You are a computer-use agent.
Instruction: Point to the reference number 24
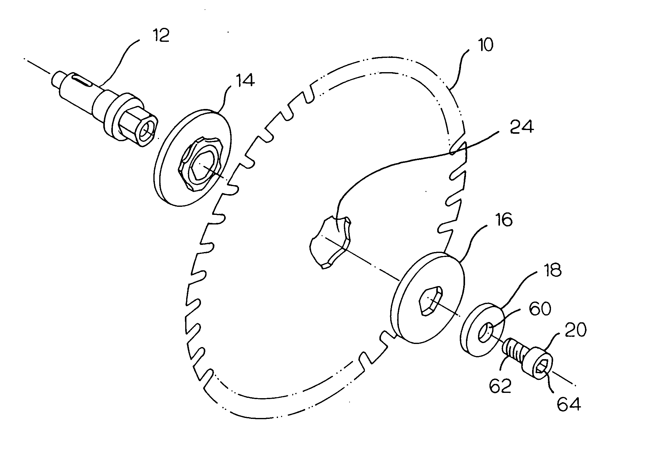[522, 127]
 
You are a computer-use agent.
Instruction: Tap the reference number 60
[540, 309]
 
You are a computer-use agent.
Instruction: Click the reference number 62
[500, 386]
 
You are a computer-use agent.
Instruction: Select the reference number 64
[569, 405]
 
